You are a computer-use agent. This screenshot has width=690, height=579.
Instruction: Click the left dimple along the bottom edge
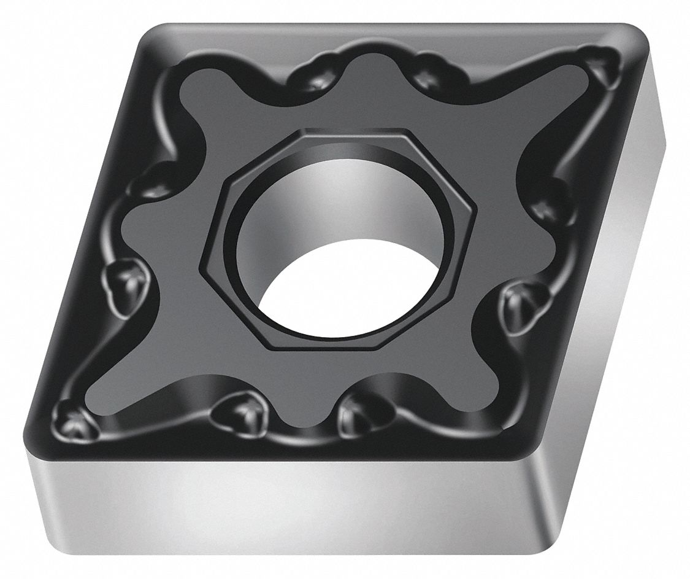(239, 413)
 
